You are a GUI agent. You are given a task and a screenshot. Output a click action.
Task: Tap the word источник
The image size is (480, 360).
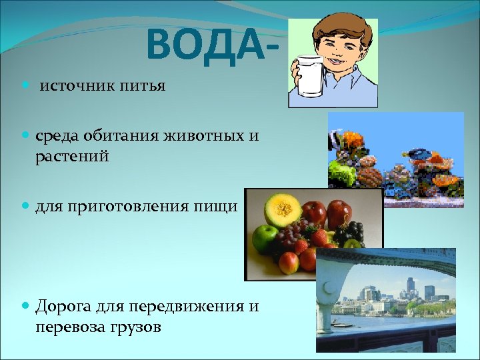click(x=73, y=87)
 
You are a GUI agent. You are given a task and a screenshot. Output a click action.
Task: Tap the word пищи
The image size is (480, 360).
click(x=218, y=207)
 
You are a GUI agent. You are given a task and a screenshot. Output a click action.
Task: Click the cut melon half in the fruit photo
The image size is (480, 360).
click(x=283, y=209)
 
